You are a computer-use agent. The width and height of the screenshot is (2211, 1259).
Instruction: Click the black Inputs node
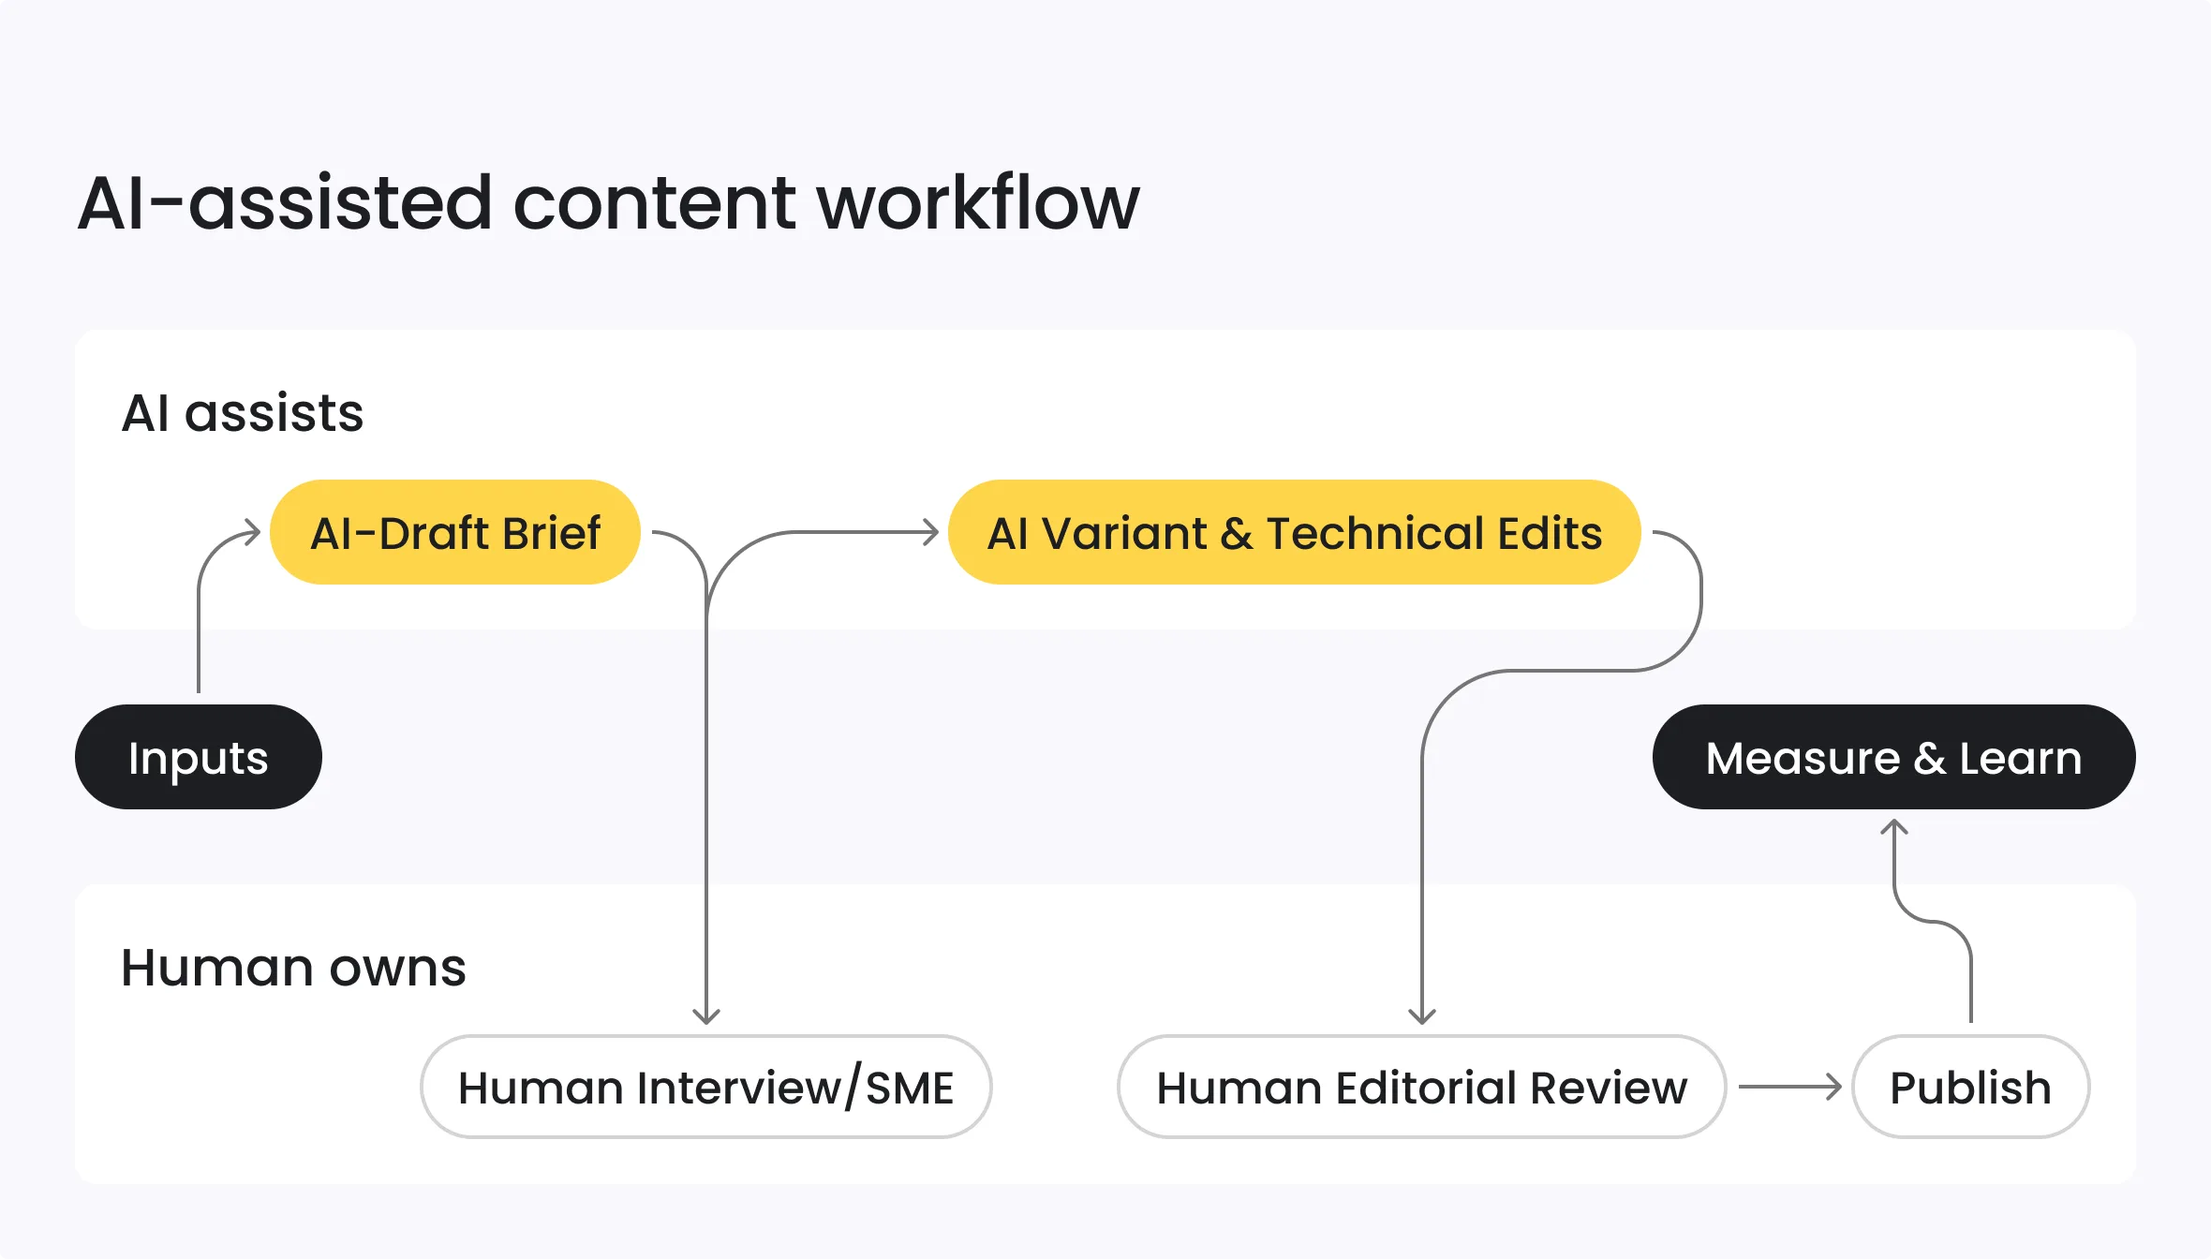[x=198, y=757]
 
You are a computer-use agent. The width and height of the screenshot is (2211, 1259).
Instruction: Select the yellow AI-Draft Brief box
[x=454, y=532]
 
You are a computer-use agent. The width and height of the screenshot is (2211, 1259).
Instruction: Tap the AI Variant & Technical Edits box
[x=1294, y=532]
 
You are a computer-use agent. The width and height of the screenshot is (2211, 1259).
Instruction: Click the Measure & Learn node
[x=1893, y=757]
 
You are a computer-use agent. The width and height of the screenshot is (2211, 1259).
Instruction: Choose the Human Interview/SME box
[x=705, y=1087]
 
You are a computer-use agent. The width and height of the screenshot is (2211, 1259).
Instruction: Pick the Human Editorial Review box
[x=1421, y=1087]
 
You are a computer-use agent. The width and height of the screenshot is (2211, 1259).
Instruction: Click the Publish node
[x=1970, y=1087]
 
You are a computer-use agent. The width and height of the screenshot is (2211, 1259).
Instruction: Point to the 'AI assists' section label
[x=243, y=412]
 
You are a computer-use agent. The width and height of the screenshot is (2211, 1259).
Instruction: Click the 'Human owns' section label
[x=293, y=967]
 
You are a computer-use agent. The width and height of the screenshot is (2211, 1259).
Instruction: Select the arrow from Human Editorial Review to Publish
[x=1789, y=1087]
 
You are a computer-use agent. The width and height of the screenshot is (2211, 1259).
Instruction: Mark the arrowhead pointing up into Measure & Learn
[x=1894, y=827]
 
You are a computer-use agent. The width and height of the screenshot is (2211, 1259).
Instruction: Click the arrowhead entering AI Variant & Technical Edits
[x=930, y=532]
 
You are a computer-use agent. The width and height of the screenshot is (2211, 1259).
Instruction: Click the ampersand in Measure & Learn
[x=1929, y=759]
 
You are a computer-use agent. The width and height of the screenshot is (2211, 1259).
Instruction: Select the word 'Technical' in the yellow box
[x=1374, y=533]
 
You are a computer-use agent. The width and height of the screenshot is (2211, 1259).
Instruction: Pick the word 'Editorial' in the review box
[x=1426, y=1088]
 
